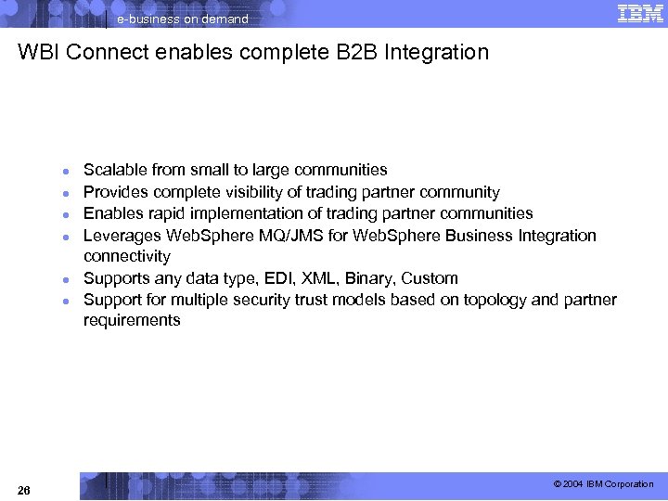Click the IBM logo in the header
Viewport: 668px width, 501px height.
point(639,13)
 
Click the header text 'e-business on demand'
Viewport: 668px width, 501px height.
point(182,19)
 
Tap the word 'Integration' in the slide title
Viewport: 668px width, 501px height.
point(437,53)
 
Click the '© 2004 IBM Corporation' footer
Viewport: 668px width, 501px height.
point(603,484)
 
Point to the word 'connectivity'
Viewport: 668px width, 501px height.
point(127,256)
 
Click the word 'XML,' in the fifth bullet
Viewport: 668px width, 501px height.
point(329,278)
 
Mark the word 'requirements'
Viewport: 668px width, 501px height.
point(132,321)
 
